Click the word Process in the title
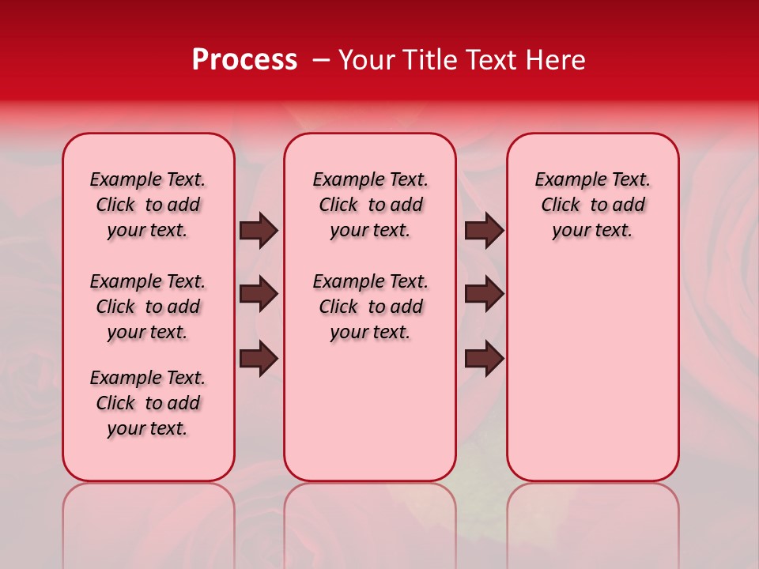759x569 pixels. [244, 60]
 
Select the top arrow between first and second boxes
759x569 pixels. [258, 231]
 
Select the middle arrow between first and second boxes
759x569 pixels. [258, 295]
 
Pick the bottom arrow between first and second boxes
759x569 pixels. [258, 359]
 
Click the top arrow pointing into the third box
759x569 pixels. [484, 231]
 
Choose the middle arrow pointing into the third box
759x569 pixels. [484, 295]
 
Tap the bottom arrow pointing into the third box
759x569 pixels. [484, 359]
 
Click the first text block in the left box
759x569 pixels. [148, 205]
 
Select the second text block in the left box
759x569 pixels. [148, 307]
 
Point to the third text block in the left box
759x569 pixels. [148, 403]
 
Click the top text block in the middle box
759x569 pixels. [370, 205]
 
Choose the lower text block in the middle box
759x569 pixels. [370, 307]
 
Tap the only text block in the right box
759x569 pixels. [592, 205]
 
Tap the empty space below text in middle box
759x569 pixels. [370, 411]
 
